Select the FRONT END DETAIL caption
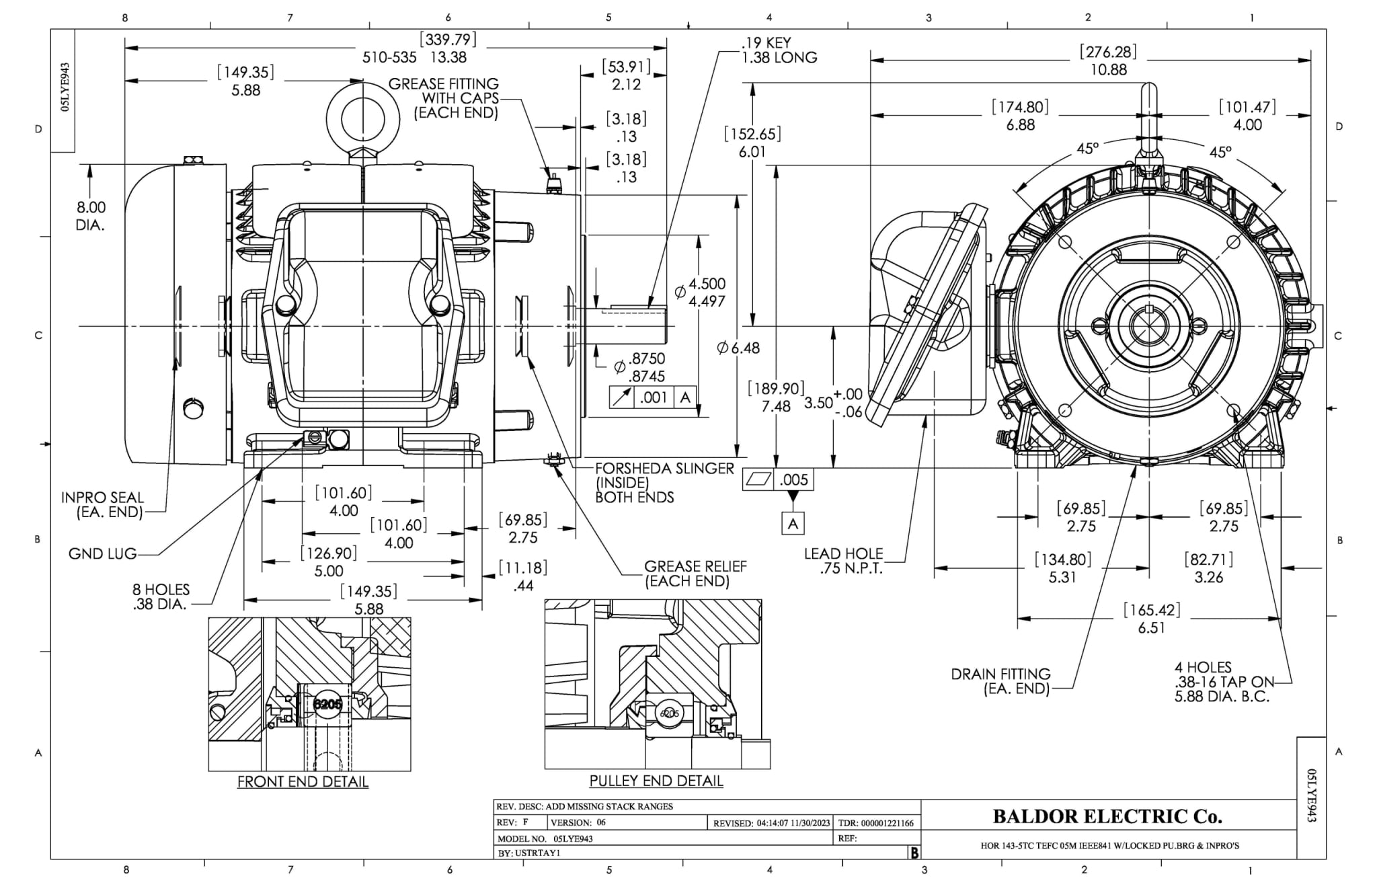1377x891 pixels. (x=303, y=781)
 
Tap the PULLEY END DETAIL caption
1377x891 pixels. (x=656, y=781)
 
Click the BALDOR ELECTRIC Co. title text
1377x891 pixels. (x=1107, y=816)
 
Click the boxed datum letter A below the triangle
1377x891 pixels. (x=793, y=523)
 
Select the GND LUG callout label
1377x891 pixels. (x=102, y=554)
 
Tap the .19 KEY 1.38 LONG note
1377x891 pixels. (x=779, y=50)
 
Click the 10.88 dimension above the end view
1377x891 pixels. (x=1108, y=69)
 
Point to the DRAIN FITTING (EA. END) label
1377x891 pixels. (x=1000, y=681)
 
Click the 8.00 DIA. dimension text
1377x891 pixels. (x=91, y=216)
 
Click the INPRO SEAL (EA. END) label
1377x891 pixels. (x=102, y=504)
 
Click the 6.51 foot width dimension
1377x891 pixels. (x=1151, y=627)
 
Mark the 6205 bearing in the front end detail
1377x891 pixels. (x=327, y=704)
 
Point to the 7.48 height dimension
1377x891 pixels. (x=776, y=406)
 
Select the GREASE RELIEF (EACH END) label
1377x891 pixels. (x=695, y=574)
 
